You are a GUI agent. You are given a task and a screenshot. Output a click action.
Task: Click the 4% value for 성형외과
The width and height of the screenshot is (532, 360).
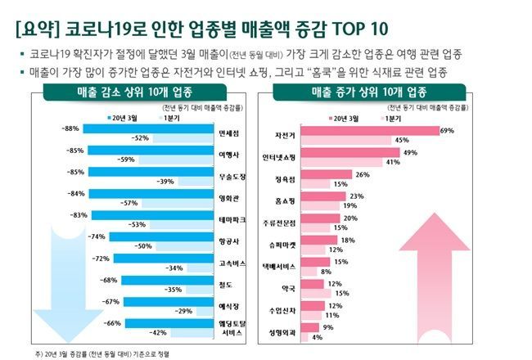[316, 337]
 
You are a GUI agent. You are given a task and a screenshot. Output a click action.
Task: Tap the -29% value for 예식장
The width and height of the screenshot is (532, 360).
[183, 311]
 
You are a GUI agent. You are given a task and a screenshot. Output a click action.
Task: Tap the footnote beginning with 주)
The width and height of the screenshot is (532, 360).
[106, 353]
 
